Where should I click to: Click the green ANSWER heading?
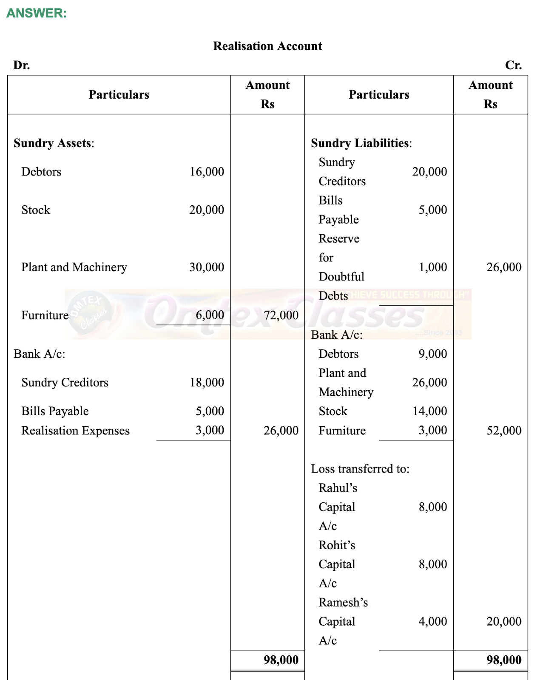[x=37, y=13]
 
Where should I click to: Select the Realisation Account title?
[x=267, y=46]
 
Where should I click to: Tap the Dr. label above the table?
[x=21, y=65]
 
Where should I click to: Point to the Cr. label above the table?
[x=513, y=65]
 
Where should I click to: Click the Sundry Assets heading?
[x=54, y=143]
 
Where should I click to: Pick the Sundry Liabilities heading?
[x=361, y=143]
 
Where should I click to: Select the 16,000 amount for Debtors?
[x=207, y=172]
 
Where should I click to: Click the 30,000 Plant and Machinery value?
[x=207, y=267]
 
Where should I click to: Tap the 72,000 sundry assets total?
[x=281, y=315]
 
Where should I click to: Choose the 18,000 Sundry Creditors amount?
[x=207, y=382]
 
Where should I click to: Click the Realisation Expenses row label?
[x=76, y=431]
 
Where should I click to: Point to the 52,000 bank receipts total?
[x=504, y=431]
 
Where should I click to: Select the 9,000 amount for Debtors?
[x=432, y=354]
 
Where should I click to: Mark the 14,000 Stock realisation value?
[x=429, y=411]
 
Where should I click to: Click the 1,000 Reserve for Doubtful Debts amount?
[x=432, y=267]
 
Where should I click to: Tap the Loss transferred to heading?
[x=360, y=469]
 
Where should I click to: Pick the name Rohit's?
[x=337, y=545]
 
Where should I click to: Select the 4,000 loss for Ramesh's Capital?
[x=432, y=621]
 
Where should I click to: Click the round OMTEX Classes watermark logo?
[x=91, y=313]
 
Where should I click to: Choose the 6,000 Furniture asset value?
[x=210, y=315]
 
